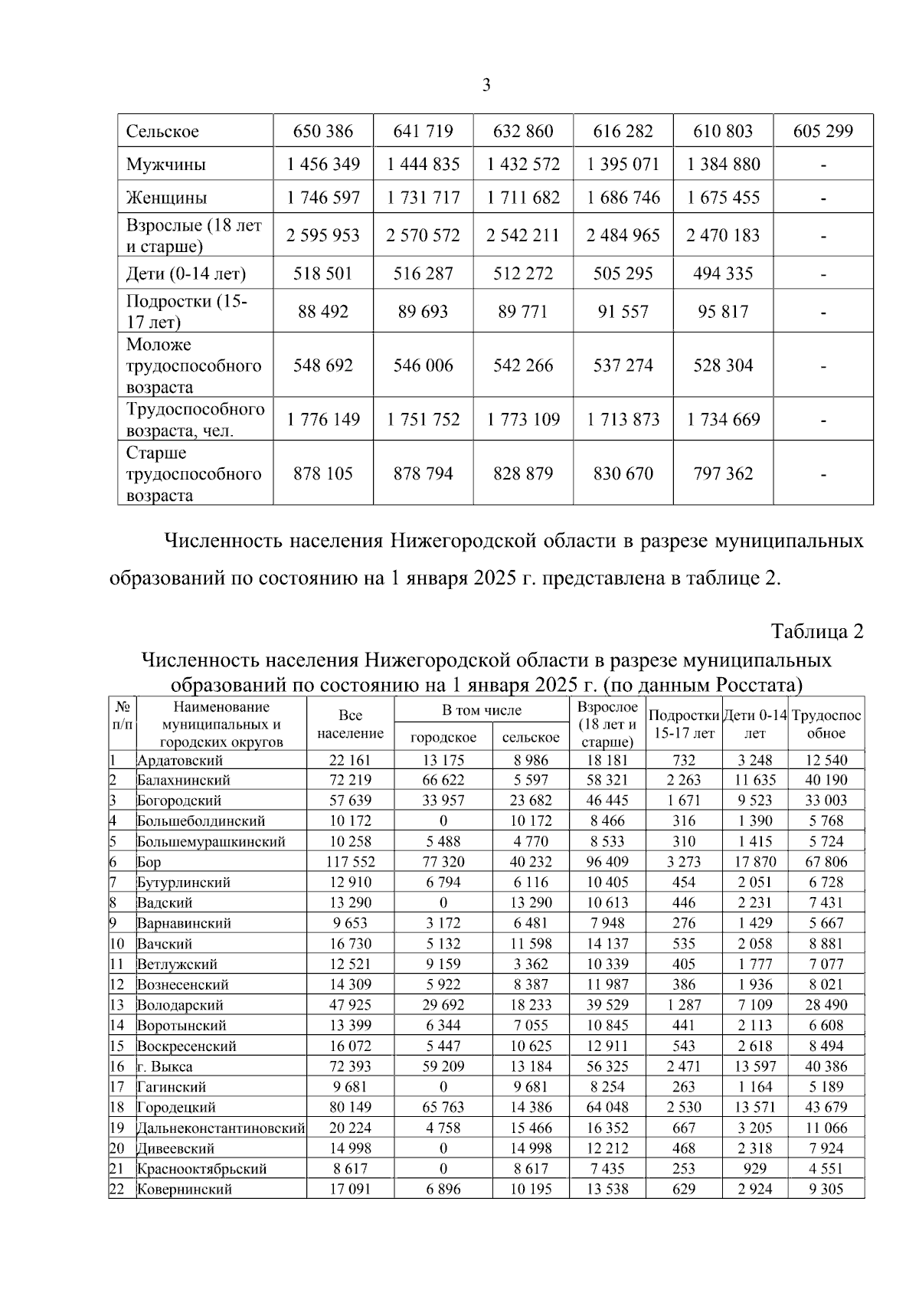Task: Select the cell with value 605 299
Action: pos(823,131)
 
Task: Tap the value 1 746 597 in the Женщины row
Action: pos(323,197)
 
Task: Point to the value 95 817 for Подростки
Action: pos(722,311)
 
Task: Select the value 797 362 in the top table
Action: pos(722,473)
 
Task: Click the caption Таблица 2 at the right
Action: pos(816,631)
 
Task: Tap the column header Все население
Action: pos(350,724)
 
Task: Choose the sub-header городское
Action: pos(443,737)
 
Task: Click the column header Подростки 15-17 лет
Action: pos(684,724)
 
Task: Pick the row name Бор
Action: pos(149,862)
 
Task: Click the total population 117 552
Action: pos(350,862)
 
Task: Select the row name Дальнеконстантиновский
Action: pos(221,1128)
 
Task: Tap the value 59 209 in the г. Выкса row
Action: pos(443,1066)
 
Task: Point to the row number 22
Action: pos(116,1189)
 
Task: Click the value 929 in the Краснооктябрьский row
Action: pos(754,1168)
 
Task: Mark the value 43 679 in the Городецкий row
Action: pos(826,1107)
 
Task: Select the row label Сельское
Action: pos(162,131)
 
